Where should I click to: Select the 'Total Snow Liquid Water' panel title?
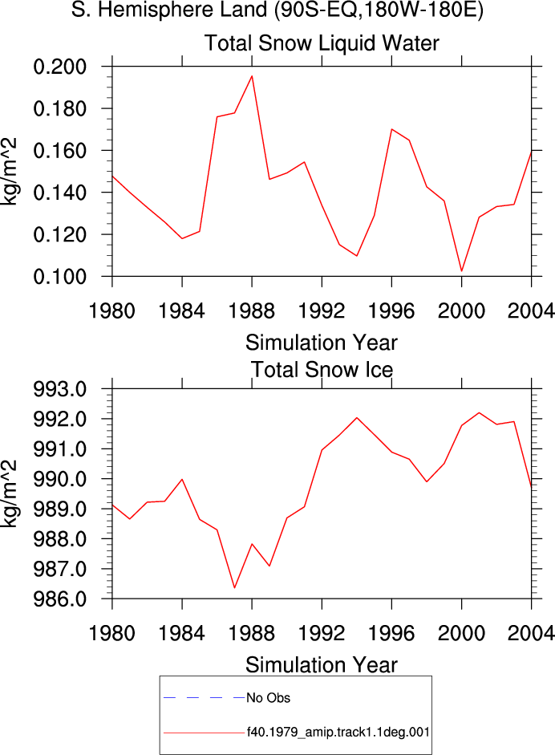pyautogui.click(x=322, y=43)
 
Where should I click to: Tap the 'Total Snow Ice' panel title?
pyautogui.click(x=322, y=370)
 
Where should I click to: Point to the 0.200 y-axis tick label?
pyautogui.click(x=59, y=67)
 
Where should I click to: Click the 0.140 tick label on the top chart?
pyautogui.click(x=59, y=193)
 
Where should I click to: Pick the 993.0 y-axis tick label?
pyautogui.click(x=59, y=389)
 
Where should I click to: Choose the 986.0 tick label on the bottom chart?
pyautogui.click(x=59, y=599)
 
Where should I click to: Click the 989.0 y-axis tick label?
pyautogui.click(x=59, y=509)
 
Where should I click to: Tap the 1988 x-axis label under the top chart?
pyautogui.click(x=252, y=311)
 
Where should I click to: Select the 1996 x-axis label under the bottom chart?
pyautogui.click(x=391, y=633)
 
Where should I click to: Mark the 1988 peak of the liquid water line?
pyautogui.click(x=252, y=75)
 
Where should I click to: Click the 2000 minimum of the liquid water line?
pyautogui.click(x=462, y=271)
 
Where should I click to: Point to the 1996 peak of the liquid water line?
pyautogui.click(x=392, y=129)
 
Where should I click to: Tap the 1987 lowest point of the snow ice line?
pyautogui.click(x=234, y=587)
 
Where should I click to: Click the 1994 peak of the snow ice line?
pyautogui.click(x=357, y=417)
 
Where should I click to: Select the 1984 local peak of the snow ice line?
pyautogui.click(x=182, y=479)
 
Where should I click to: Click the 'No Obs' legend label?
pyautogui.click(x=268, y=698)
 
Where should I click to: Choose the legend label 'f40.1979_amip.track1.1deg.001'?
pyautogui.click(x=338, y=733)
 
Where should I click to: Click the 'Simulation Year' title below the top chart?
pyautogui.click(x=322, y=343)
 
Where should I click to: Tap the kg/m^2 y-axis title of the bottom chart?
pyautogui.click(x=10, y=493)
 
